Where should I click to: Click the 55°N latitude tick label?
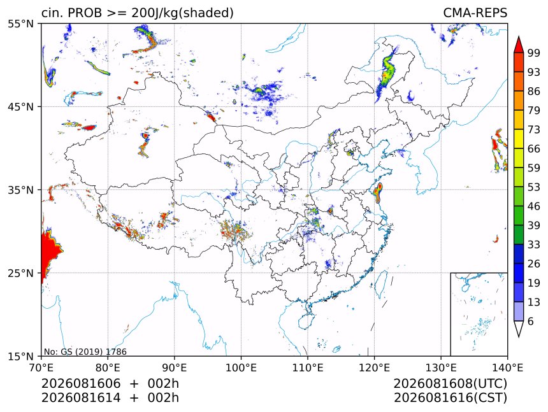(x=20, y=24)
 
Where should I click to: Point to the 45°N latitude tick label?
(x=20, y=106)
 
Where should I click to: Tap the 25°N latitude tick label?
(x=20, y=273)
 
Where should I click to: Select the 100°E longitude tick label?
(x=241, y=367)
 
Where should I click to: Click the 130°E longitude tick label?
(x=441, y=367)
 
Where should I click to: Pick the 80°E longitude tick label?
(x=108, y=367)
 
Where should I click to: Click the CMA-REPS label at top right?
(x=475, y=13)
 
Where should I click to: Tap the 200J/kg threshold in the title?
(x=155, y=13)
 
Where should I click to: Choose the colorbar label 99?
(x=534, y=53)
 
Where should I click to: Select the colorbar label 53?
(x=534, y=187)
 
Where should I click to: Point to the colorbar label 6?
(x=531, y=321)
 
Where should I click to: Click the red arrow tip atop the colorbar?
(x=519, y=36)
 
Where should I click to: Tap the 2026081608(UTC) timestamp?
(x=450, y=383)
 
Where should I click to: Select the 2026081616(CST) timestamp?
(x=450, y=398)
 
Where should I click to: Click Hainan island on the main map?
(x=306, y=320)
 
